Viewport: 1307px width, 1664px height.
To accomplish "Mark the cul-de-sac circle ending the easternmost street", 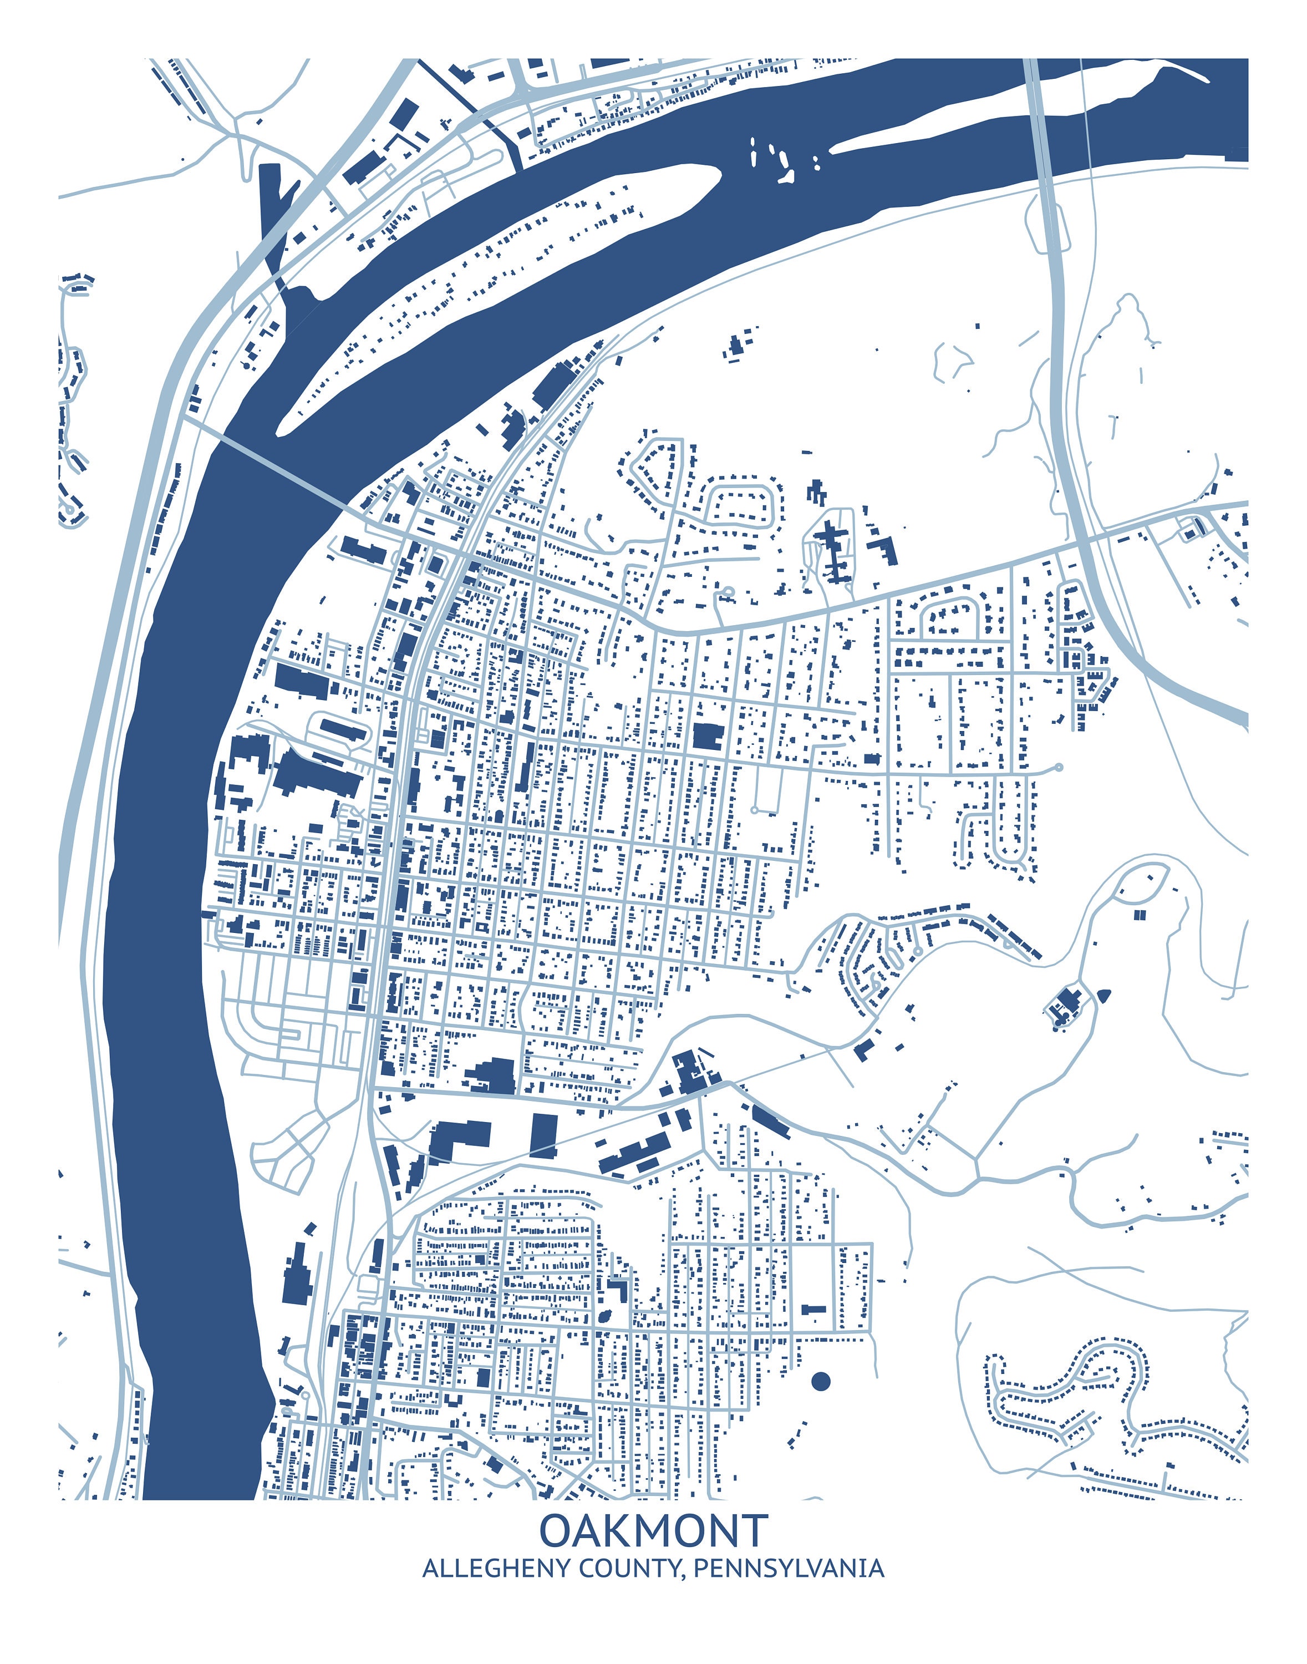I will coord(1059,767).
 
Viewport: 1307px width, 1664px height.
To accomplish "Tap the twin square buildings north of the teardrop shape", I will coord(1140,914).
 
